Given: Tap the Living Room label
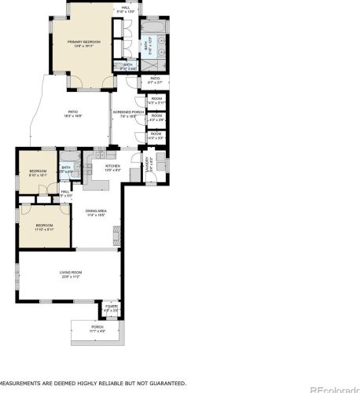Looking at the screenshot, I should pos(71,273).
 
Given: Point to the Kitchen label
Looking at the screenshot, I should pos(112,167).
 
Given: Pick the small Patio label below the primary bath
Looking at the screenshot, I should pos(155,79).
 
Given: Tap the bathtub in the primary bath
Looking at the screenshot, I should pos(151,29).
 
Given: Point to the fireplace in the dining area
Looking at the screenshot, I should pos(118,233).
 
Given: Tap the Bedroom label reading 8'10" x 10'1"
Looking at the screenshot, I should pos(38,172).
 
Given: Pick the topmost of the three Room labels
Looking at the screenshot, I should pos(156,99).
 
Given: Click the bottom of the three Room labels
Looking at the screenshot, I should pos(156,134).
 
